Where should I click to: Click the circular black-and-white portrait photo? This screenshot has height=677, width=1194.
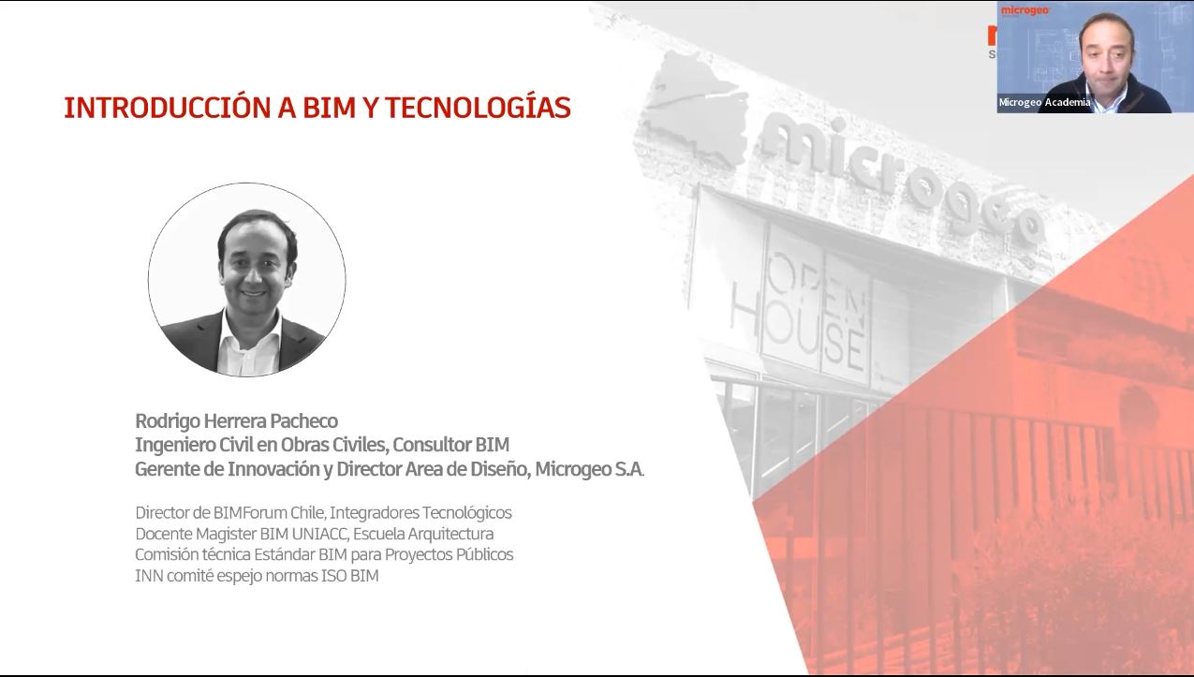[x=247, y=280]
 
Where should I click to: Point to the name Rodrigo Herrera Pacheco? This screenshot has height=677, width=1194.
[x=236, y=420]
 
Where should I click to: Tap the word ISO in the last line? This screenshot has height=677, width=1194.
[x=334, y=576]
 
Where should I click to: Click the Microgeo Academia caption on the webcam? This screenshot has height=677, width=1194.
[x=1044, y=103]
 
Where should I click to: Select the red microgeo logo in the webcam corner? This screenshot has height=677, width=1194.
[x=1024, y=10]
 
